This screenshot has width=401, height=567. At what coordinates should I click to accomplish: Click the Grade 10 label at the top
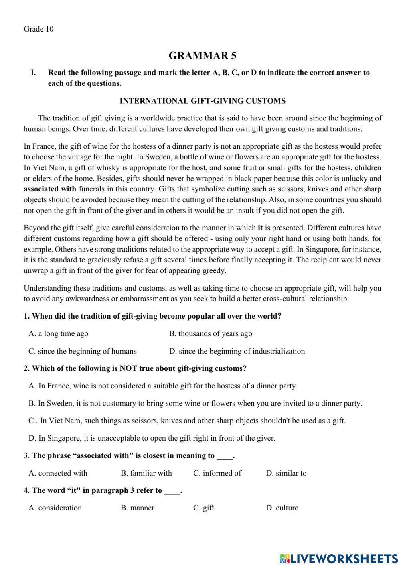[x=38, y=29]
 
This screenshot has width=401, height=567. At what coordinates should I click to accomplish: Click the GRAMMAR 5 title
[x=202, y=56]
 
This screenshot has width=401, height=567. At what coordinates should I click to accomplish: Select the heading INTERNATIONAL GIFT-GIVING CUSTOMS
[x=203, y=101]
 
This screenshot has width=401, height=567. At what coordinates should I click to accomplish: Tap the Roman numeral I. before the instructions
[x=33, y=73]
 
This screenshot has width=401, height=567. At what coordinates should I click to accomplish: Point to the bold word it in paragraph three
[x=260, y=228]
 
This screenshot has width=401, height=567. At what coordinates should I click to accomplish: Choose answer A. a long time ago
[x=59, y=333]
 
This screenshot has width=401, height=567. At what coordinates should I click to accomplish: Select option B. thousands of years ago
[x=211, y=333]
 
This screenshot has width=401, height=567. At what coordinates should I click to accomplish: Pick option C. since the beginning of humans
[x=82, y=351]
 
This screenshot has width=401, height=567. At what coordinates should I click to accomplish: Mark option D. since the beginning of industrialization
[x=237, y=351]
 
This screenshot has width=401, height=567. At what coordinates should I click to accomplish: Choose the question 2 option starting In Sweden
[x=195, y=403]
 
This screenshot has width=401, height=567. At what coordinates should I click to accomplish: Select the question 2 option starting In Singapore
[x=152, y=438]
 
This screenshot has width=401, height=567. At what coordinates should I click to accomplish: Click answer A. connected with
[x=58, y=473]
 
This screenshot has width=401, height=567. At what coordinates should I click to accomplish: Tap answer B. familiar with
[x=146, y=473]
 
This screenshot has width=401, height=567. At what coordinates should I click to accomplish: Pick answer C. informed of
[x=217, y=473]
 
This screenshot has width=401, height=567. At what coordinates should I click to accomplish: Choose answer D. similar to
[x=286, y=473]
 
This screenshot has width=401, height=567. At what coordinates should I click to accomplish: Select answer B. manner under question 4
[x=137, y=508]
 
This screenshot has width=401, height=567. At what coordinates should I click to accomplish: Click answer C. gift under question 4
[x=203, y=508]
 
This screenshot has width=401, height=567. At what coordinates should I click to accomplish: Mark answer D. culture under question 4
[x=282, y=508]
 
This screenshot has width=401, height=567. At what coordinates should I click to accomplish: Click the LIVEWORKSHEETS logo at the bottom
[x=338, y=558]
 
